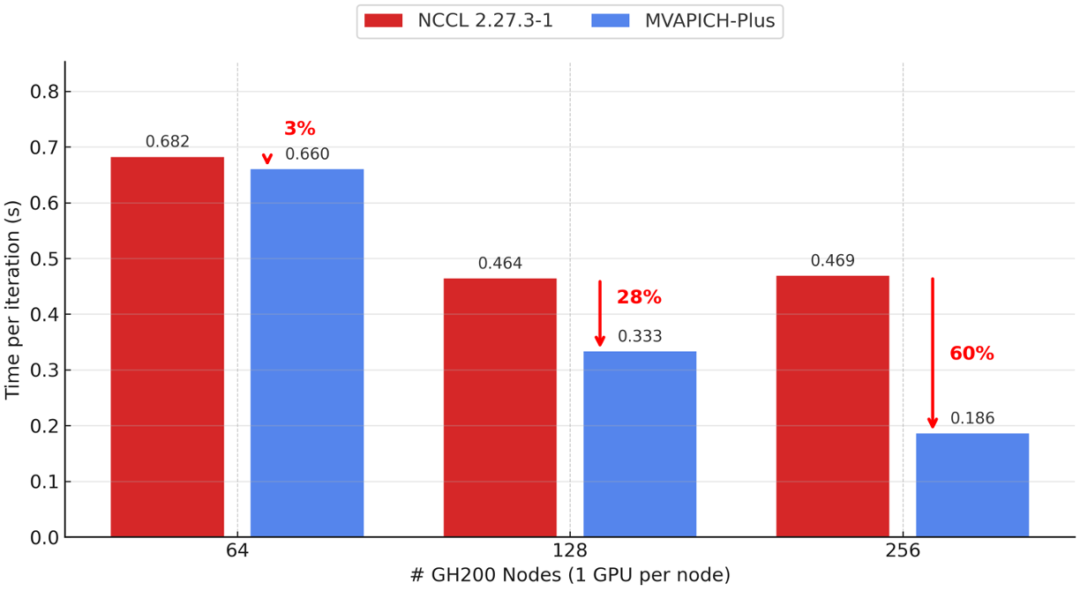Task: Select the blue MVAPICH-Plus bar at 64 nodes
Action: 306,353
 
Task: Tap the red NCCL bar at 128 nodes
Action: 499,408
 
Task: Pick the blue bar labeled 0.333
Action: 639,444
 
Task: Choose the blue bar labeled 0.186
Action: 971,484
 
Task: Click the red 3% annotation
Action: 299,129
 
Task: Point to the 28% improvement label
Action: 639,297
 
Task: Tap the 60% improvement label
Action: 971,354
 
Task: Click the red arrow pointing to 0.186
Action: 933,353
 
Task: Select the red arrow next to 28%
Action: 600,314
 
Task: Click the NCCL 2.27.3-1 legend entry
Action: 459,21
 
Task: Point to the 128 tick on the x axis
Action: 570,550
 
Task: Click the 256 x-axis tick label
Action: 903,550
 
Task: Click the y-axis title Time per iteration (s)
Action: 12,300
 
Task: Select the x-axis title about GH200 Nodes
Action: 570,575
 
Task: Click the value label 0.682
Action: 168,142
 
